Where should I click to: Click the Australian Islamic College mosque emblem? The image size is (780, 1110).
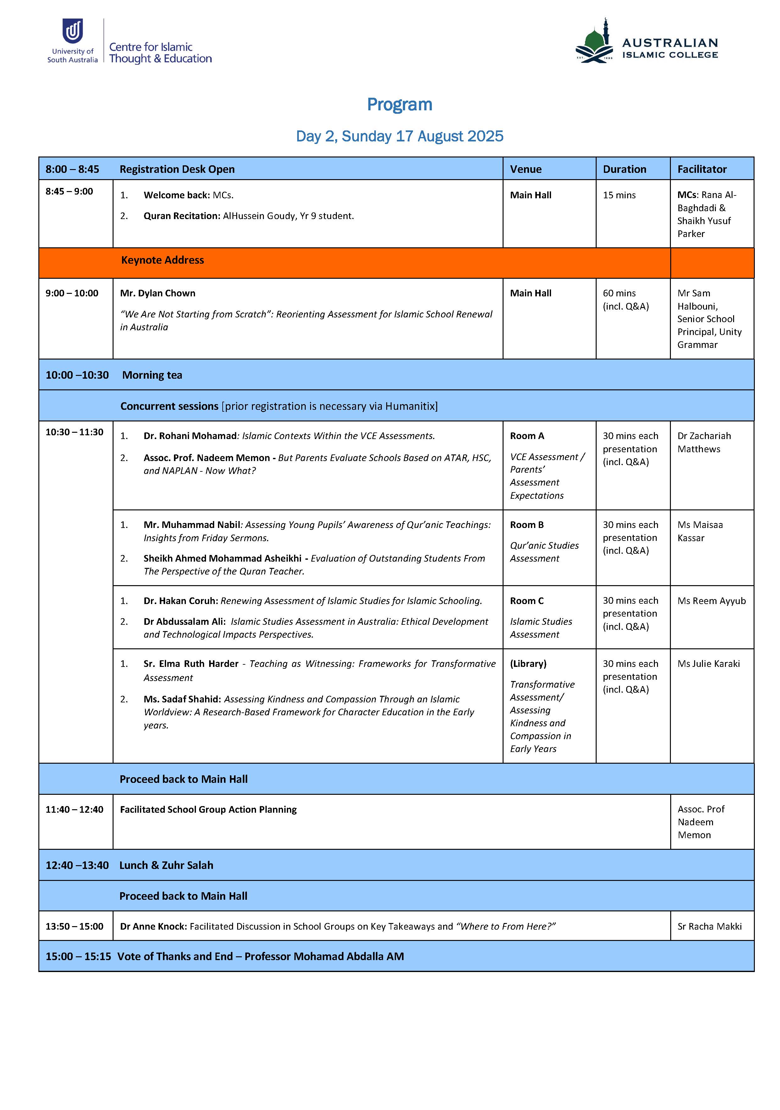594,42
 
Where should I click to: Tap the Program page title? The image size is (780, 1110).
399,104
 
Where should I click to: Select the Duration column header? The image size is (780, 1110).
624,169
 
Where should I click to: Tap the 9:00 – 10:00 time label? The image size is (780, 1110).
72,293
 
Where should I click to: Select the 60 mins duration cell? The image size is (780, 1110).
619,293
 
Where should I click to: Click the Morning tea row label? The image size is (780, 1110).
152,375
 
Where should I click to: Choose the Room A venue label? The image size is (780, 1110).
527,436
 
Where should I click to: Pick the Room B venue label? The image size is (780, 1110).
527,525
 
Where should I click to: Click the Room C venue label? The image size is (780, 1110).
527,601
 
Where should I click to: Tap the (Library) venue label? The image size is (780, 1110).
528,664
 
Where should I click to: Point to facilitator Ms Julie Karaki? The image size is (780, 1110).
708,664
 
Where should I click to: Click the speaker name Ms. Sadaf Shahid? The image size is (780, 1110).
182,699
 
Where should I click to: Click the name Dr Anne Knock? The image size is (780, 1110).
153,926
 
